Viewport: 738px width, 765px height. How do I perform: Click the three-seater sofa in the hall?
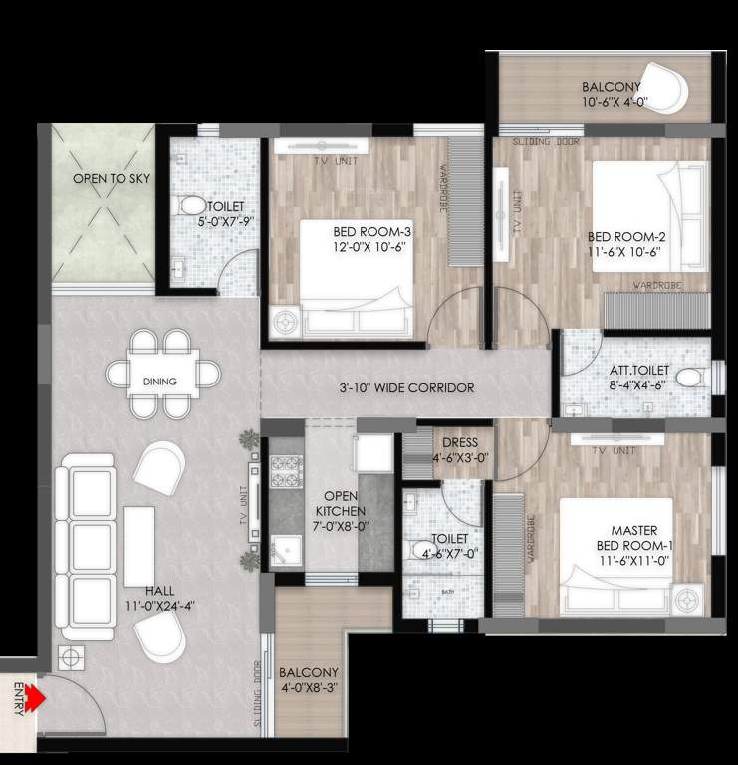tap(86, 547)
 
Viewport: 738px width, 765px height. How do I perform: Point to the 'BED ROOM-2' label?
tap(625, 244)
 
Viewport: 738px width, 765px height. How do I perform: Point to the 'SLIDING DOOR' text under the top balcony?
tap(547, 142)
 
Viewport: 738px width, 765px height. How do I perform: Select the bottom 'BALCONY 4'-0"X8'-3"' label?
tap(309, 681)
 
